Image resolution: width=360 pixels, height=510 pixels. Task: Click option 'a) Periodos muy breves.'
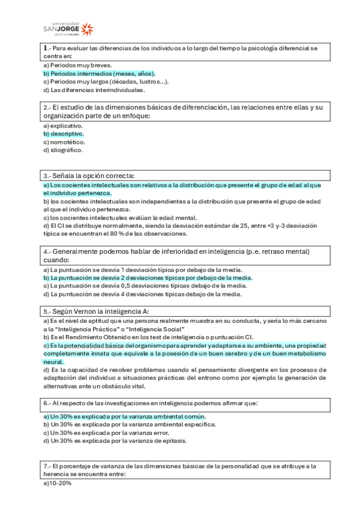pos(78,64)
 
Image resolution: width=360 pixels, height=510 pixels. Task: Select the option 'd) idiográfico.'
pos(63,150)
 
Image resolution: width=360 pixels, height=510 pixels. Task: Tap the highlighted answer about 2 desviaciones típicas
pos(147,278)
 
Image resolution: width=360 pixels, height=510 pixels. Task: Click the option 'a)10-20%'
pos(57,483)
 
